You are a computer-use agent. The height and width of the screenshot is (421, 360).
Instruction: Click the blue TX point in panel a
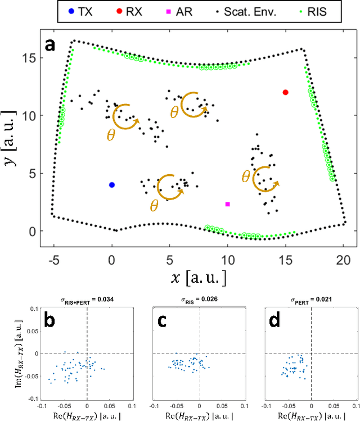[112, 185]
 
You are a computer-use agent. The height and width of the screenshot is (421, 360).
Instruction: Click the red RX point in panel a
[286, 92]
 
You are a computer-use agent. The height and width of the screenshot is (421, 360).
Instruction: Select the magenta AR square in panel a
[228, 204]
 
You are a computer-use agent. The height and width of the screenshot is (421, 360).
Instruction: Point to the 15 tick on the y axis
[29, 58]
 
